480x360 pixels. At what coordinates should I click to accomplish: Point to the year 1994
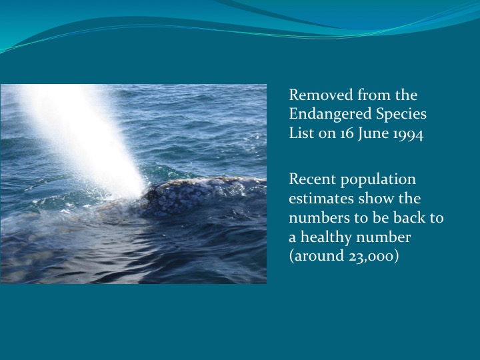click(x=408, y=133)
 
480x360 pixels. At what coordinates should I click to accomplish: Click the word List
click(x=301, y=133)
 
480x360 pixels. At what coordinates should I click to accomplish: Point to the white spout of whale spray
click(x=80, y=127)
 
